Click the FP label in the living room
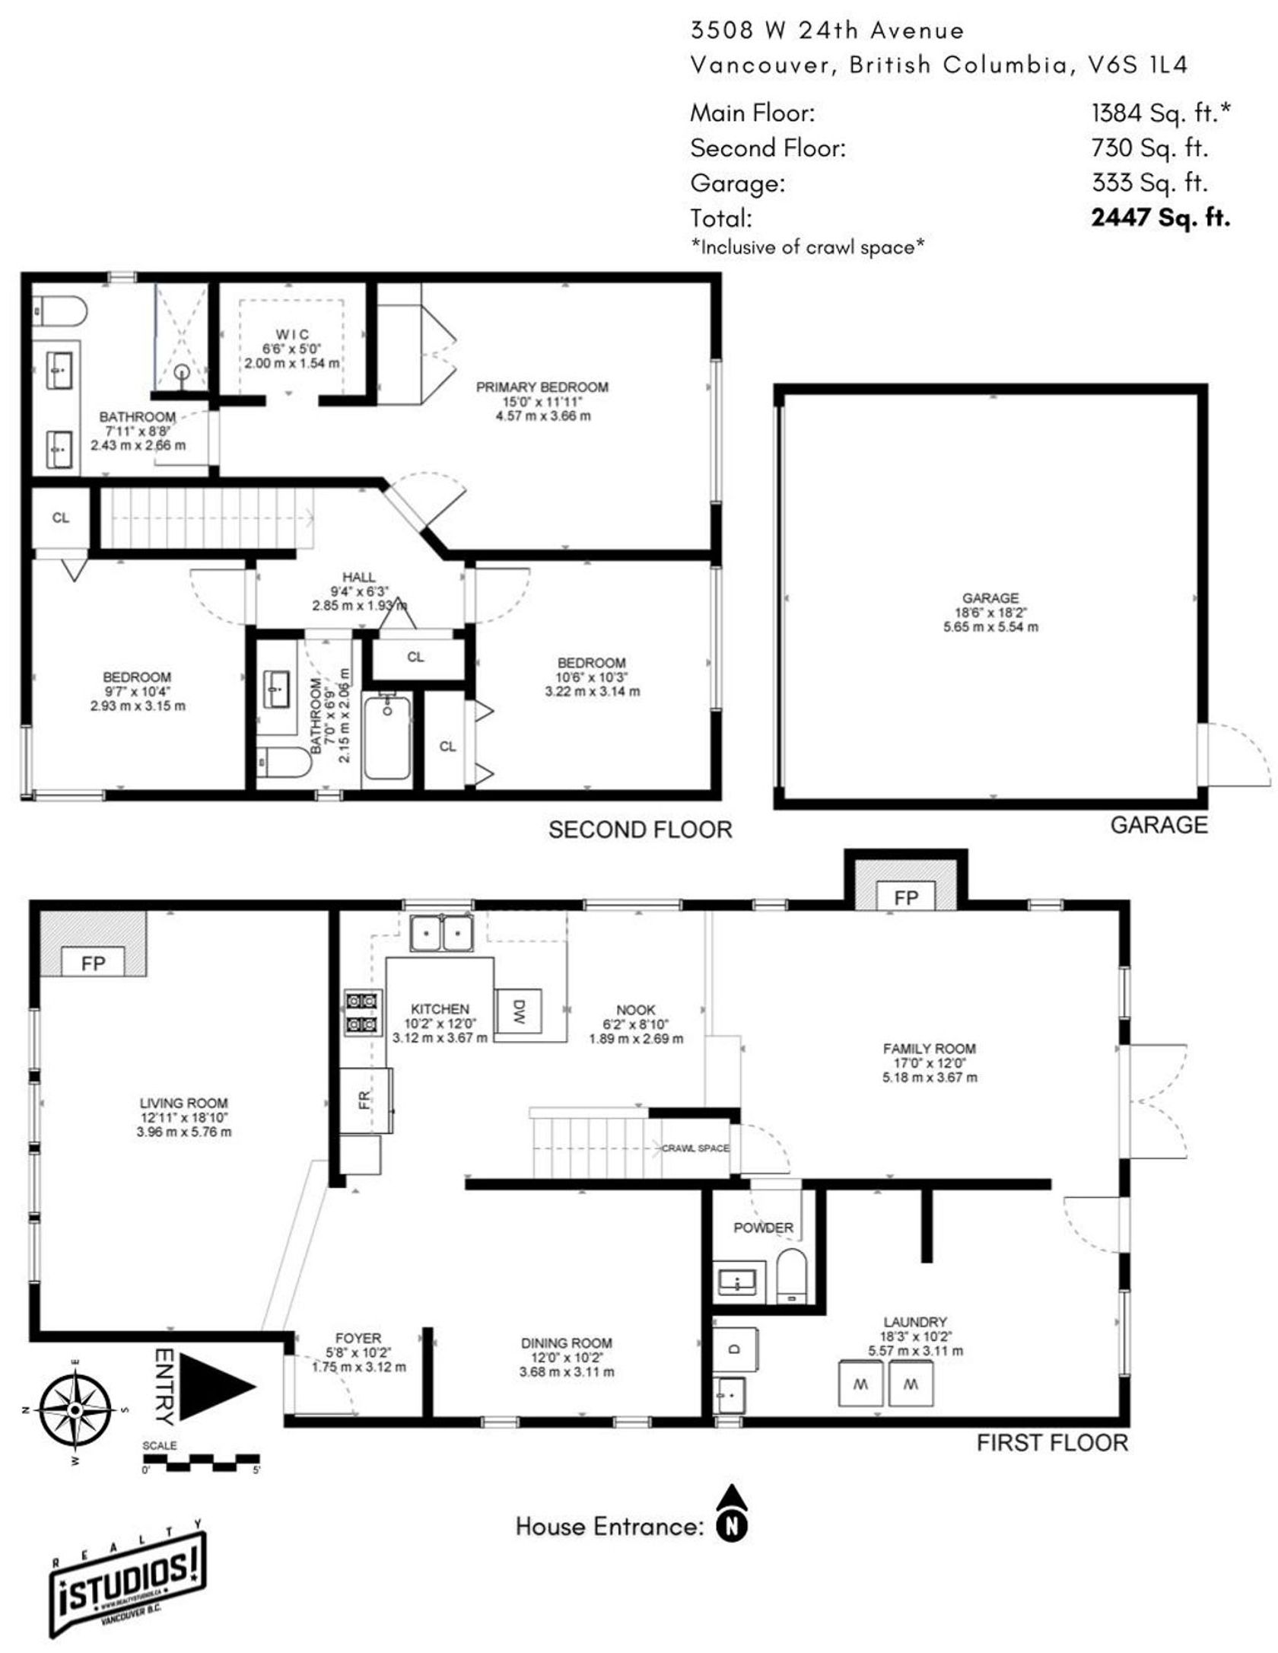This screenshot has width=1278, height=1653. [93, 963]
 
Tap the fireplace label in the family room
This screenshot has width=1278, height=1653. [905, 898]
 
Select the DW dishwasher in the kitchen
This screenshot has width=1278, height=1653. [518, 1011]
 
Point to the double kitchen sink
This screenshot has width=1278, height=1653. [441, 933]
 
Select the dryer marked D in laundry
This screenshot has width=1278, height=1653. [735, 1349]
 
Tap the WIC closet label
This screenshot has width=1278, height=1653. [292, 334]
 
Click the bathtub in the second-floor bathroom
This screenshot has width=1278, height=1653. [387, 737]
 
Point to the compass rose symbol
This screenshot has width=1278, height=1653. [75, 1410]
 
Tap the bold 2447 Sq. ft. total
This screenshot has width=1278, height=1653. [1159, 218]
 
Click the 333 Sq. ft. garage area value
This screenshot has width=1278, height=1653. [1149, 183]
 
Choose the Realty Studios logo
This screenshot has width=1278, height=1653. [128, 1581]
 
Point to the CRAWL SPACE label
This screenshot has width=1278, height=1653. [695, 1148]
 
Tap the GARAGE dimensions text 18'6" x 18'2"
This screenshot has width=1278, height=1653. [990, 613]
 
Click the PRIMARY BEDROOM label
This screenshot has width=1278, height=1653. [542, 387]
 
